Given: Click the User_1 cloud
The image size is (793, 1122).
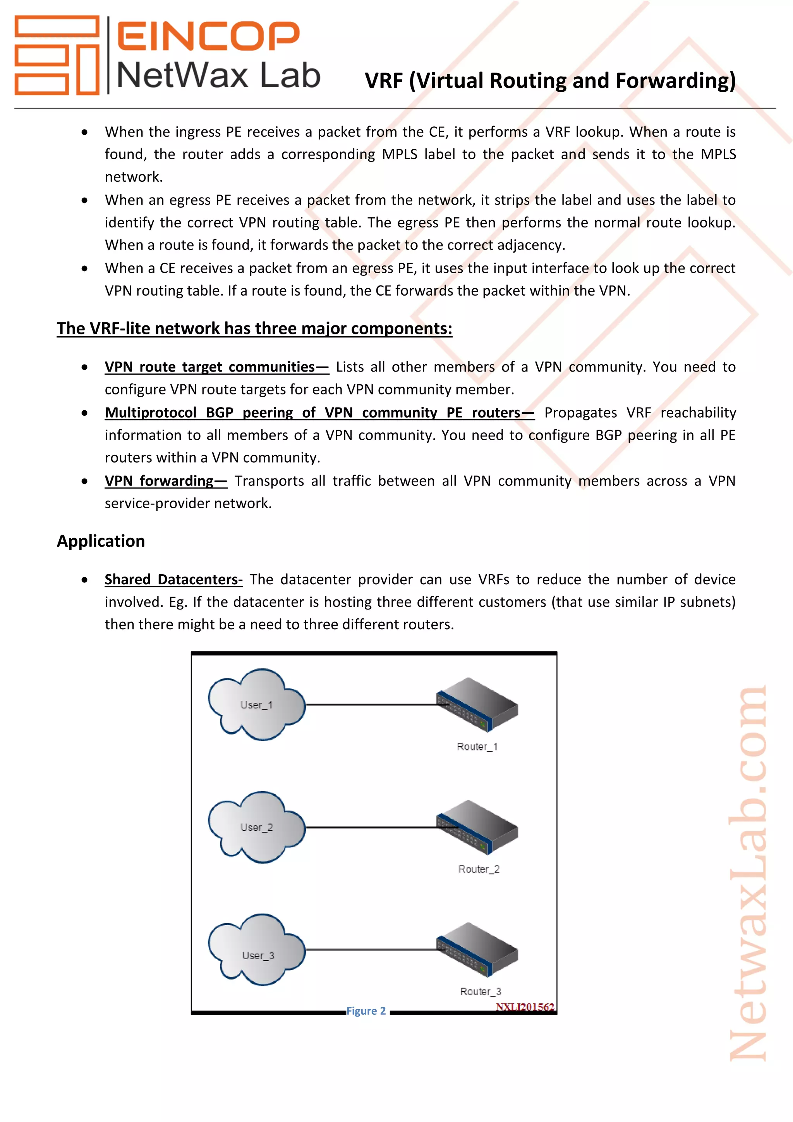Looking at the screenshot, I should coord(256,704).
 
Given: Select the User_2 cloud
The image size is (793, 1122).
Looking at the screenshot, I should coord(256,827).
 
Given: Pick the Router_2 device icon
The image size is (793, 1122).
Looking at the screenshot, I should coord(477,827).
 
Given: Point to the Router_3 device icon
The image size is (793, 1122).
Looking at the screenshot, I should coord(477,950).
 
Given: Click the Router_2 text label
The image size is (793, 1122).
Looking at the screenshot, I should coord(479,869).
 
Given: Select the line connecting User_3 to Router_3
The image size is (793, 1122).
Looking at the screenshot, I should coord(371,950).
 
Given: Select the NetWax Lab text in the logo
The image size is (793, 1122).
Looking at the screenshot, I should coord(218,76).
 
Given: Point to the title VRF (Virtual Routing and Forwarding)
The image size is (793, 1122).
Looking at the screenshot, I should coord(550,81).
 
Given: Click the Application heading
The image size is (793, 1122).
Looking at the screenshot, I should coord(101,541).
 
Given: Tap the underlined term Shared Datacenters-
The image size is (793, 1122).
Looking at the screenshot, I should coord(173,579).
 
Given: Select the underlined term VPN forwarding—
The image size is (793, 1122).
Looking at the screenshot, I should coord(166,481).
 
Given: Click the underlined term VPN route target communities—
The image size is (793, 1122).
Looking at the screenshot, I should coord(216,367).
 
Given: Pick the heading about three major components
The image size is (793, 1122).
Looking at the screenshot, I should coord(254,329).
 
